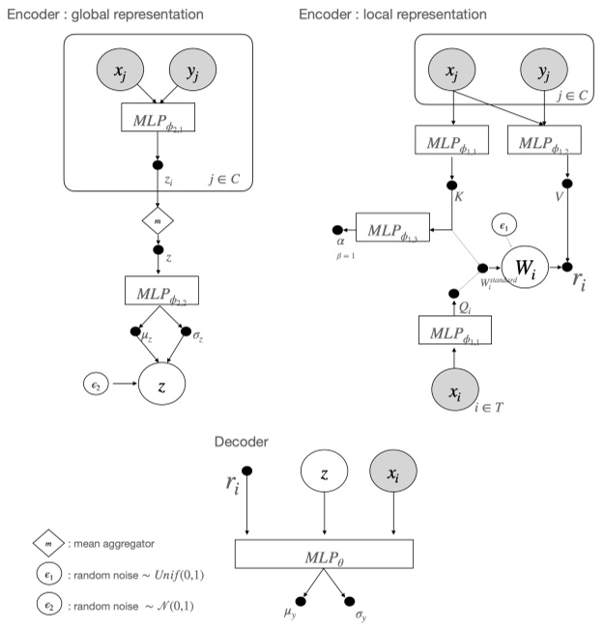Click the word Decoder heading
[x=241, y=443]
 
